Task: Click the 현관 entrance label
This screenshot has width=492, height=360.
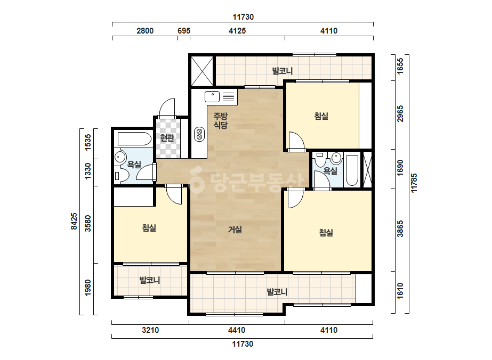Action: coord(167,138)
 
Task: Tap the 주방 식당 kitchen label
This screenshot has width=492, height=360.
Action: coord(220,121)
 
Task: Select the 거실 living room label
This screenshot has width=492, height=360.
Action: coord(235,230)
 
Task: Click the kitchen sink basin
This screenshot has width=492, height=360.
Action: coord(212,96)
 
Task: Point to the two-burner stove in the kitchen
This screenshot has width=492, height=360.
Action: coord(199,134)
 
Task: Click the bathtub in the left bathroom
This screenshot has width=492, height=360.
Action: coord(134,138)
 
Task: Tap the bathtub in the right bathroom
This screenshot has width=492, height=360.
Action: coord(352,170)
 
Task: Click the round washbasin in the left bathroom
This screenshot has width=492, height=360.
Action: coord(119,157)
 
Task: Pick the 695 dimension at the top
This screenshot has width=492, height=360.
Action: coord(184,31)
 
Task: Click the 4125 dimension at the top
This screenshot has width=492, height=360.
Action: coord(237,31)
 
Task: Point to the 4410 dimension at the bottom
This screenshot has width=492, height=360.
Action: coord(237,330)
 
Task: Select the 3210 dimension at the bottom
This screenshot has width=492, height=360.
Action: coord(150,330)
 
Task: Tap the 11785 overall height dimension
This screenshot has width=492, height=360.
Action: coord(414,183)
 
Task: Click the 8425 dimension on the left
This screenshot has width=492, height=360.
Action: coord(74,222)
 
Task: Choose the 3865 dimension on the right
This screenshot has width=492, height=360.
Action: coord(400,229)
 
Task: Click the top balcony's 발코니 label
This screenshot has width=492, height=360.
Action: coord(283,71)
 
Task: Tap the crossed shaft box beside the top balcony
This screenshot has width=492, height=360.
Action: coord(202,71)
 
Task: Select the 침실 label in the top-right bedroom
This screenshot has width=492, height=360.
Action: coord(321,116)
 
